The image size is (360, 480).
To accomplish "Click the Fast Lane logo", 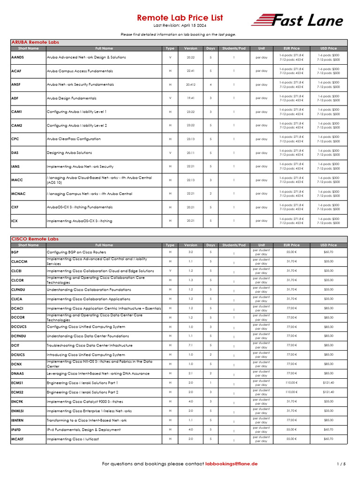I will (297, 20).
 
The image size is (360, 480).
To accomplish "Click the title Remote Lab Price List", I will (180, 18).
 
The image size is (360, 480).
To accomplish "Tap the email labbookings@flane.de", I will (232, 464).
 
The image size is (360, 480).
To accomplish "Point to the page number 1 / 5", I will (341, 464).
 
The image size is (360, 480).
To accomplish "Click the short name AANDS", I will (18, 57).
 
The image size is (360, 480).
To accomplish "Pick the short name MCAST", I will (18, 439).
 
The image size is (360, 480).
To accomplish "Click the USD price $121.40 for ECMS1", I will (329, 383).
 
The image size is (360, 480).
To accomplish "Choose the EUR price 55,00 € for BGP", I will (292, 252).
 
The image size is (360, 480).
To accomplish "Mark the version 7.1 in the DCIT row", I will (191, 345).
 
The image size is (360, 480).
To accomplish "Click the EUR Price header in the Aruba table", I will (292, 48).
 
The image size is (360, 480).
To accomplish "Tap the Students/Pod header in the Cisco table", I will (233, 245).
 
